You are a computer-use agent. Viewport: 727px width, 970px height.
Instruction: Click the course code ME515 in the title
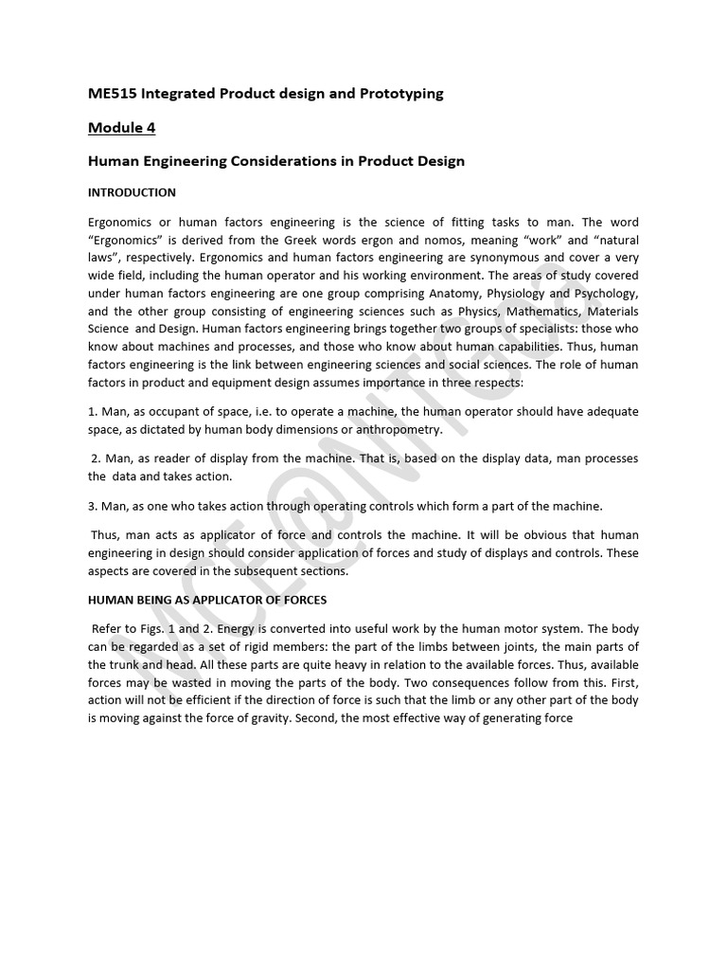pyautogui.click(x=111, y=94)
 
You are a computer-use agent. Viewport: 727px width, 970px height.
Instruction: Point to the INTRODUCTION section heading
pyautogui.click(x=132, y=192)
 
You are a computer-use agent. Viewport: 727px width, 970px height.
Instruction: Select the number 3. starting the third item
pyautogui.click(x=94, y=505)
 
